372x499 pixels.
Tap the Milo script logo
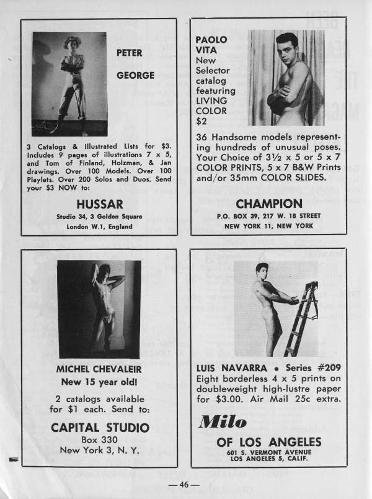click(223, 422)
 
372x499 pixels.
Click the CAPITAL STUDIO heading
click(99, 428)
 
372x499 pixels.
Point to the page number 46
click(185, 485)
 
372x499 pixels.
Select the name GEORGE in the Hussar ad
click(135, 76)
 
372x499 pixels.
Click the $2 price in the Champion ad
click(201, 121)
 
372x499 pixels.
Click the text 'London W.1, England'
click(99, 227)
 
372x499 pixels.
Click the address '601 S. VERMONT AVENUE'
click(268, 452)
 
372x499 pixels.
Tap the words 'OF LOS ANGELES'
click(269, 441)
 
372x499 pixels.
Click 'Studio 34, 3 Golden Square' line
click(99, 216)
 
